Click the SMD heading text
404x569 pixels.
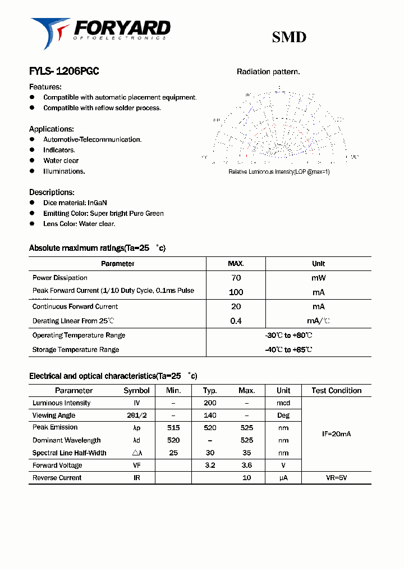click(289, 38)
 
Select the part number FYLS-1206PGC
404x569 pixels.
click(64, 72)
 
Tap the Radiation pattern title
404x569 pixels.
click(268, 72)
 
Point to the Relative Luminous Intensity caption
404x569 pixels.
click(279, 171)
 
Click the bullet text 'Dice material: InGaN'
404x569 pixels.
click(75, 202)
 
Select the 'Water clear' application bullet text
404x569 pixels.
click(61, 161)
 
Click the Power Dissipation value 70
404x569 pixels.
click(236, 278)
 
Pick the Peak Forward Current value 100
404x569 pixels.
click(236, 292)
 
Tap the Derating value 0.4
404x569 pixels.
click(236, 321)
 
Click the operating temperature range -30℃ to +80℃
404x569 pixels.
click(288, 336)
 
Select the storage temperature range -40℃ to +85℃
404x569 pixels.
click(288, 350)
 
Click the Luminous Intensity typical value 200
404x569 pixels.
click(210, 403)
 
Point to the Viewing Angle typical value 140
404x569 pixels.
click(210, 416)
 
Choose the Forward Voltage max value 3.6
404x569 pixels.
click(246, 466)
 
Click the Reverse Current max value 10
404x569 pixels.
click(246, 478)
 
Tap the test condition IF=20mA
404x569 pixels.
click(336, 434)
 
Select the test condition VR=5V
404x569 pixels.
click(336, 478)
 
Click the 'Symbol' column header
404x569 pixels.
click(136, 391)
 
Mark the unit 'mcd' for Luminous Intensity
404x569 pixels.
click(283, 403)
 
